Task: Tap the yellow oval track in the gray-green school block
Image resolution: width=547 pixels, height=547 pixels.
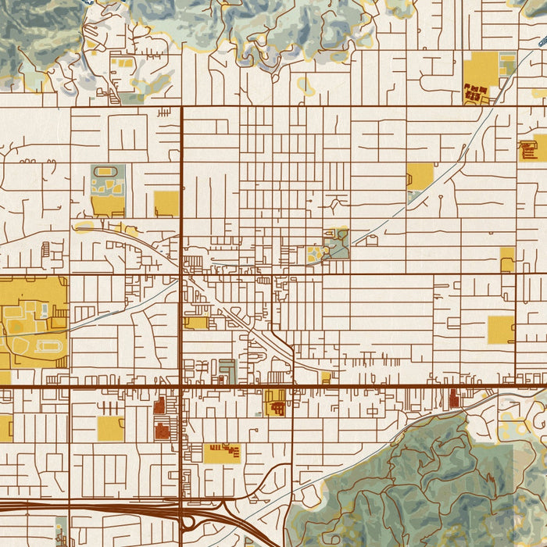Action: pos(108,171)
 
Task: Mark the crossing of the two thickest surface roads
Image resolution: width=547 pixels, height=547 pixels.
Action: pos(182,385)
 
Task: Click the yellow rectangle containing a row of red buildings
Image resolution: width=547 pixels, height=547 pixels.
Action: pos(223,452)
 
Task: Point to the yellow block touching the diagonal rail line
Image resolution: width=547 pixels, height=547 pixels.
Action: pos(420,176)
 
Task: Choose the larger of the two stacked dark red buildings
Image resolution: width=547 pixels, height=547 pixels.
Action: pos(162,430)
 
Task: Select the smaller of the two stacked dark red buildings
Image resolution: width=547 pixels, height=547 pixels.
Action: pos(159,405)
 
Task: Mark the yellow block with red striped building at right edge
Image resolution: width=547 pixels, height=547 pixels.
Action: pos(533,148)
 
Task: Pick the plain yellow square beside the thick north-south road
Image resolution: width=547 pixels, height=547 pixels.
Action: pos(166,203)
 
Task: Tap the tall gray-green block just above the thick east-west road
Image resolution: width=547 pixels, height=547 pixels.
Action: pos(227,370)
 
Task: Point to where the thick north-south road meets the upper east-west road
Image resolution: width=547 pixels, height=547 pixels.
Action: pos(182,106)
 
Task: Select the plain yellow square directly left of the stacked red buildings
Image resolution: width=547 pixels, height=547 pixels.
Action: pos(110,428)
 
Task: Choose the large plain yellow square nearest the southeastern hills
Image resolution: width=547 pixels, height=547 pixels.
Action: pos(501,329)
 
